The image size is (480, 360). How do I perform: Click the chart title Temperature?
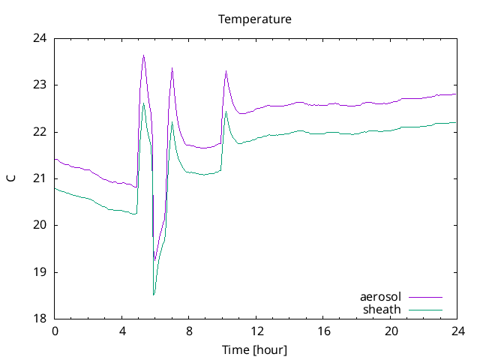pos(254,19)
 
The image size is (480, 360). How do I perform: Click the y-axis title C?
pos(10,178)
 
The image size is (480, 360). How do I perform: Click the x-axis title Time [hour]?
pos(254,349)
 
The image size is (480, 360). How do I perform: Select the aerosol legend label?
pos(381,297)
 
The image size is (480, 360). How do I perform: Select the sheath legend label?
pos(382,309)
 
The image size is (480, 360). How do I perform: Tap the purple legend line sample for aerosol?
pos(424,298)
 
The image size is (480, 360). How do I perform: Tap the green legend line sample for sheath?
pos(424,310)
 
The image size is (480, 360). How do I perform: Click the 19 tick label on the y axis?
pos(40,272)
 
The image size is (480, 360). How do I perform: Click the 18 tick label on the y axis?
pos(40,319)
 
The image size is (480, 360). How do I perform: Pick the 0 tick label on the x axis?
pos(55,331)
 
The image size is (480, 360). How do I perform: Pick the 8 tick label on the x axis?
pos(189,331)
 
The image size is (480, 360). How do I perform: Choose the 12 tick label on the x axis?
pos(256,331)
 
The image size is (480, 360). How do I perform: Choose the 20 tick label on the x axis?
pos(391,331)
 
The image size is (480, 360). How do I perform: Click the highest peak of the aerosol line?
pos(143,55)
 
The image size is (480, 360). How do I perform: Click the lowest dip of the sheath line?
pos(154,295)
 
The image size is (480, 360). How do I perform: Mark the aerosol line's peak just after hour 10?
pos(226,71)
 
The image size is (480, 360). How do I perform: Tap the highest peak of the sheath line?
pos(143,103)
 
